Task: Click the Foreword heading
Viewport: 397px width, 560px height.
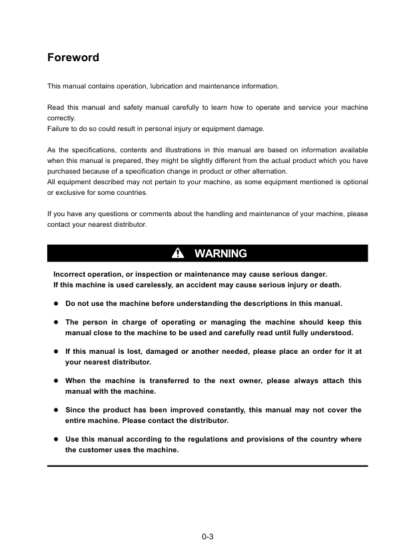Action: [x=73, y=58]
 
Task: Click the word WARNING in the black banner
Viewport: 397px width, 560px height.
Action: [x=220, y=253]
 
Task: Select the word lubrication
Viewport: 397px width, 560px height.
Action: [x=160, y=86]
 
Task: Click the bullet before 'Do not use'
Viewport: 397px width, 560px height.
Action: [x=56, y=304]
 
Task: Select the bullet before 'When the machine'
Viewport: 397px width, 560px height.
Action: [x=56, y=381]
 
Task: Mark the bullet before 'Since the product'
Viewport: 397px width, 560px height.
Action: [x=56, y=410]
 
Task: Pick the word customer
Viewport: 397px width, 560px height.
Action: [x=97, y=450]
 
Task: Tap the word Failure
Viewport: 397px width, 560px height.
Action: [x=59, y=128]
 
